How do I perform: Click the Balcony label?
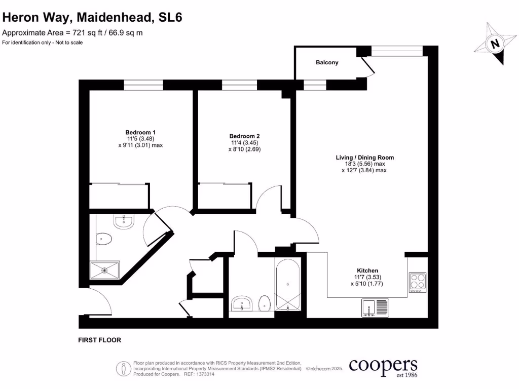(327, 63)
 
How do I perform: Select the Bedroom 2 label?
(244, 136)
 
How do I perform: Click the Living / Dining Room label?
(364, 158)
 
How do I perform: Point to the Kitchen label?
(367, 270)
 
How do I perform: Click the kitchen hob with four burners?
(418, 282)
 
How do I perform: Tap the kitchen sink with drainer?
(376, 307)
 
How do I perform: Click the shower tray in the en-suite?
(105, 270)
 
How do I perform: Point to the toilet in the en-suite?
(103, 238)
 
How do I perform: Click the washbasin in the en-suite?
(123, 221)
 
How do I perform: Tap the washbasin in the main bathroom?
(243, 304)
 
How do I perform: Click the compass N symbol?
(495, 44)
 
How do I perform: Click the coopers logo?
(384, 366)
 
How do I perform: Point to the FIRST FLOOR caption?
(100, 340)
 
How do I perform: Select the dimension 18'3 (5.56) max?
(364, 164)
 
